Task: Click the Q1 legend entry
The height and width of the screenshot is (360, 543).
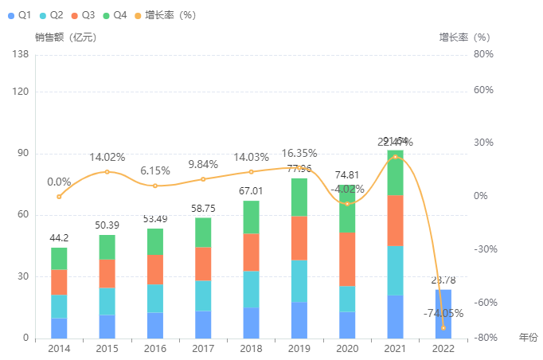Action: tap(18, 15)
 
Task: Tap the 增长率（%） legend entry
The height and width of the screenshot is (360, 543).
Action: tap(165, 15)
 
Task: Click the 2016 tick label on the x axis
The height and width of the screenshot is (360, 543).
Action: tap(155, 349)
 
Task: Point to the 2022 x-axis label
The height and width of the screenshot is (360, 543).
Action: tap(443, 349)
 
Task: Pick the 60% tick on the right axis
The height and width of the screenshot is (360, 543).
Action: tap(483, 89)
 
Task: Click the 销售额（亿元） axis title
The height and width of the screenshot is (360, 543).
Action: tap(65, 37)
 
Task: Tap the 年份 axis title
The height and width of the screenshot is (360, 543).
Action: tap(529, 338)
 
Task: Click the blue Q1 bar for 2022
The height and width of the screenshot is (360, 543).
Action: tap(443, 314)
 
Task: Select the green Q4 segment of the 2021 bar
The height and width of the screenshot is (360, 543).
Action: tap(395, 172)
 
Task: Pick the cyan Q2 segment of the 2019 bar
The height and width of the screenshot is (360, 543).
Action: tap(299, 281)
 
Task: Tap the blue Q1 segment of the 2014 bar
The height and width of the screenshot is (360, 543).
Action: tap(59, 328)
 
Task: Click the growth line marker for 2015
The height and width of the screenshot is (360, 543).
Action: tap(107, 172)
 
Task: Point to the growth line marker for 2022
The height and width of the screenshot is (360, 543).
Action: tap(443, 327)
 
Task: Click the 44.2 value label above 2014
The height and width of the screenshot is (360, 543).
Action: tap(59, 237)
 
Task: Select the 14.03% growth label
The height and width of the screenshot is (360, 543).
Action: tap(252, 157)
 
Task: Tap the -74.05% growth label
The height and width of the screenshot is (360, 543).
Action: tap(443, 313)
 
